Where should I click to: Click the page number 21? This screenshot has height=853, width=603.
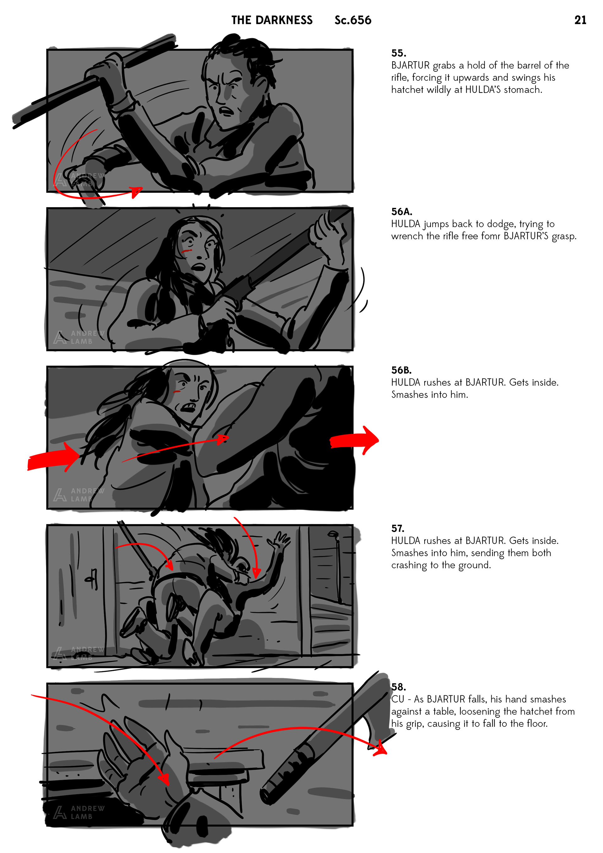(580, 20)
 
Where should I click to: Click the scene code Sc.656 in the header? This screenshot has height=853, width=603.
(353, 20)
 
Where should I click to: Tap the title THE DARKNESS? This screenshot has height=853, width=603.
(272, 20)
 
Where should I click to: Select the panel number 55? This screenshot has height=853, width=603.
(398, 53)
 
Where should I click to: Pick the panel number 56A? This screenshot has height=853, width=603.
(402, 212)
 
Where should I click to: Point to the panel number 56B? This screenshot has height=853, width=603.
(401, 370)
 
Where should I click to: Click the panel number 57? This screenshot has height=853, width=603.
(398, 528)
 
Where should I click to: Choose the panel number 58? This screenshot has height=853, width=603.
(398, 687)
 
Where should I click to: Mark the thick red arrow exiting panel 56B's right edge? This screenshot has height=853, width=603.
(354, 440)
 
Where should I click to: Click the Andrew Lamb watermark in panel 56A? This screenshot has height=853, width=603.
(79, 337)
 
